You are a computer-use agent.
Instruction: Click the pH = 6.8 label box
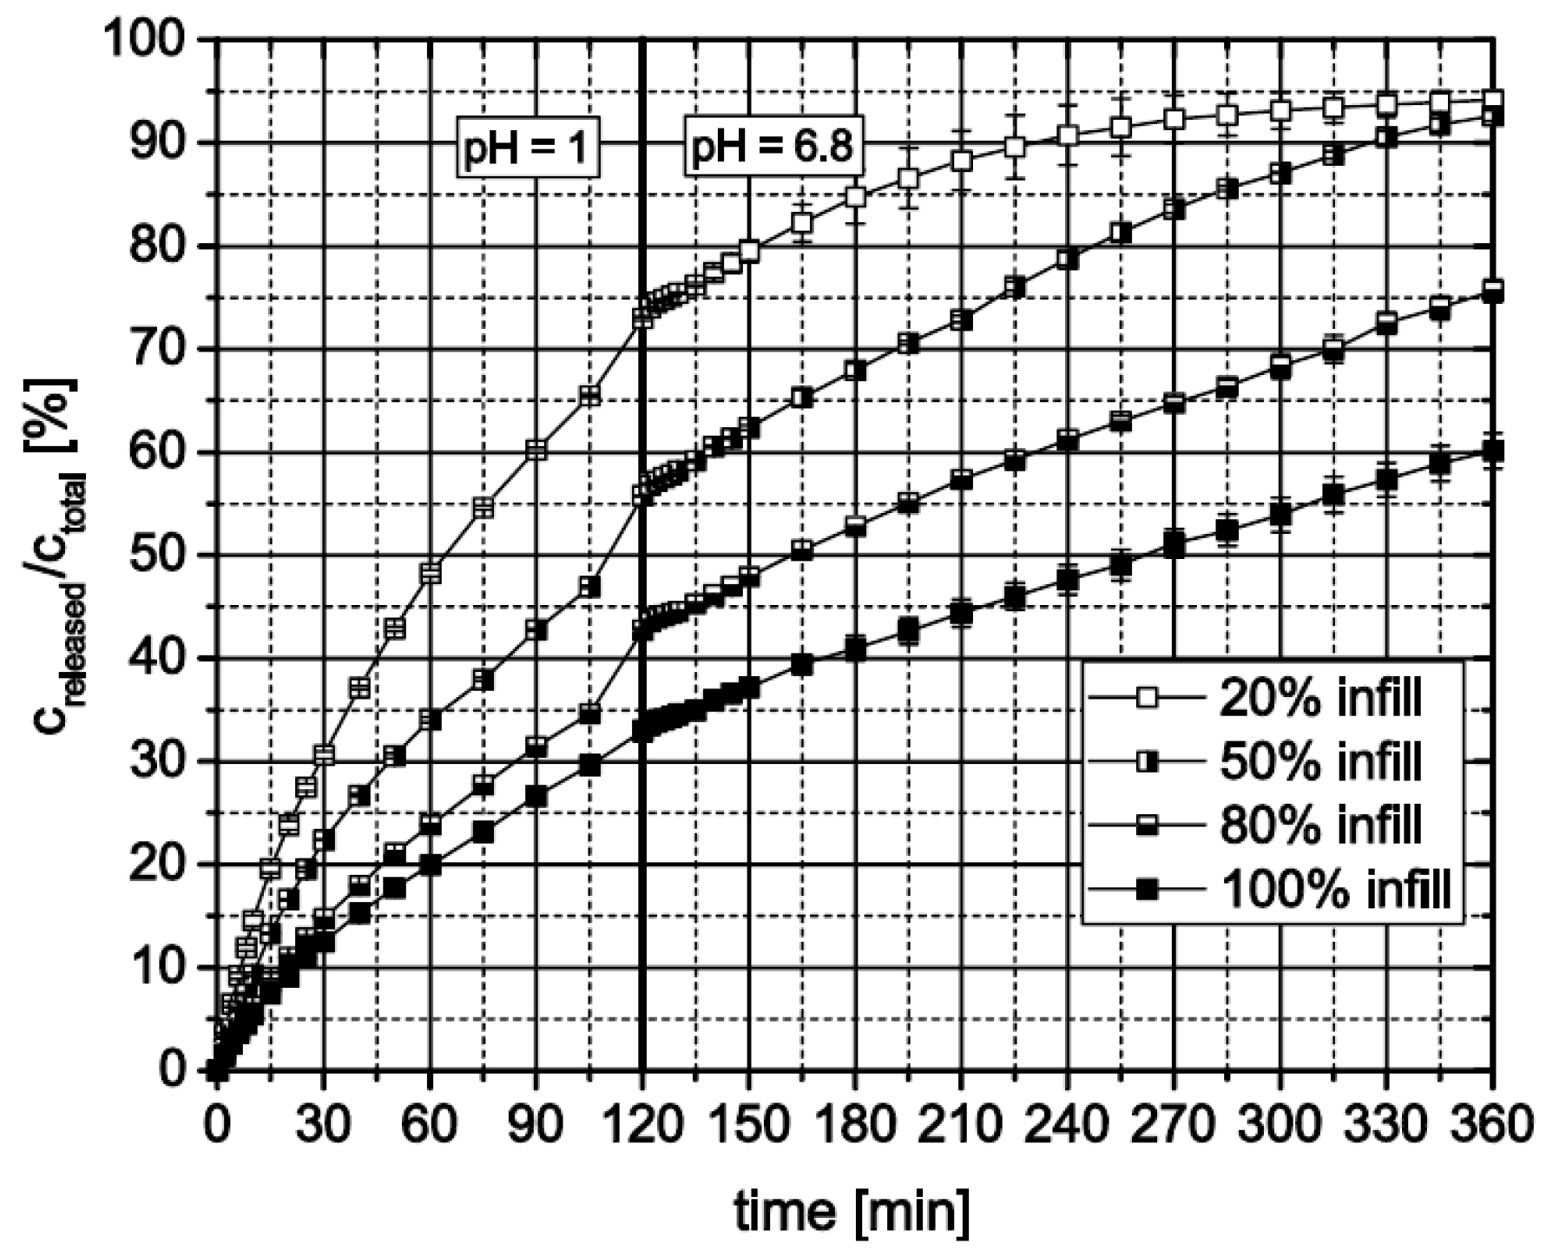pyautogui.click(x=771, y=148)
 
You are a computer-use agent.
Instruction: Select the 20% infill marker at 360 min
pyautogui.click(x=1492, y=100)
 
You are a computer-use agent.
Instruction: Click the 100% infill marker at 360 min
pyautogui.click(x=1492, y=451)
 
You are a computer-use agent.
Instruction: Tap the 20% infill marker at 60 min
pyautogui.click(x=431, y=573)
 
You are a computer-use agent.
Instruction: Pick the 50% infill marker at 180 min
pyautogui.click(x=855, y=371)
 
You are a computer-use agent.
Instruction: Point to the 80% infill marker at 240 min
pyautogui.click(x=1068, y=439)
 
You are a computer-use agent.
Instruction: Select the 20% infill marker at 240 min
pyautogui.click(x=1068, y=135)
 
